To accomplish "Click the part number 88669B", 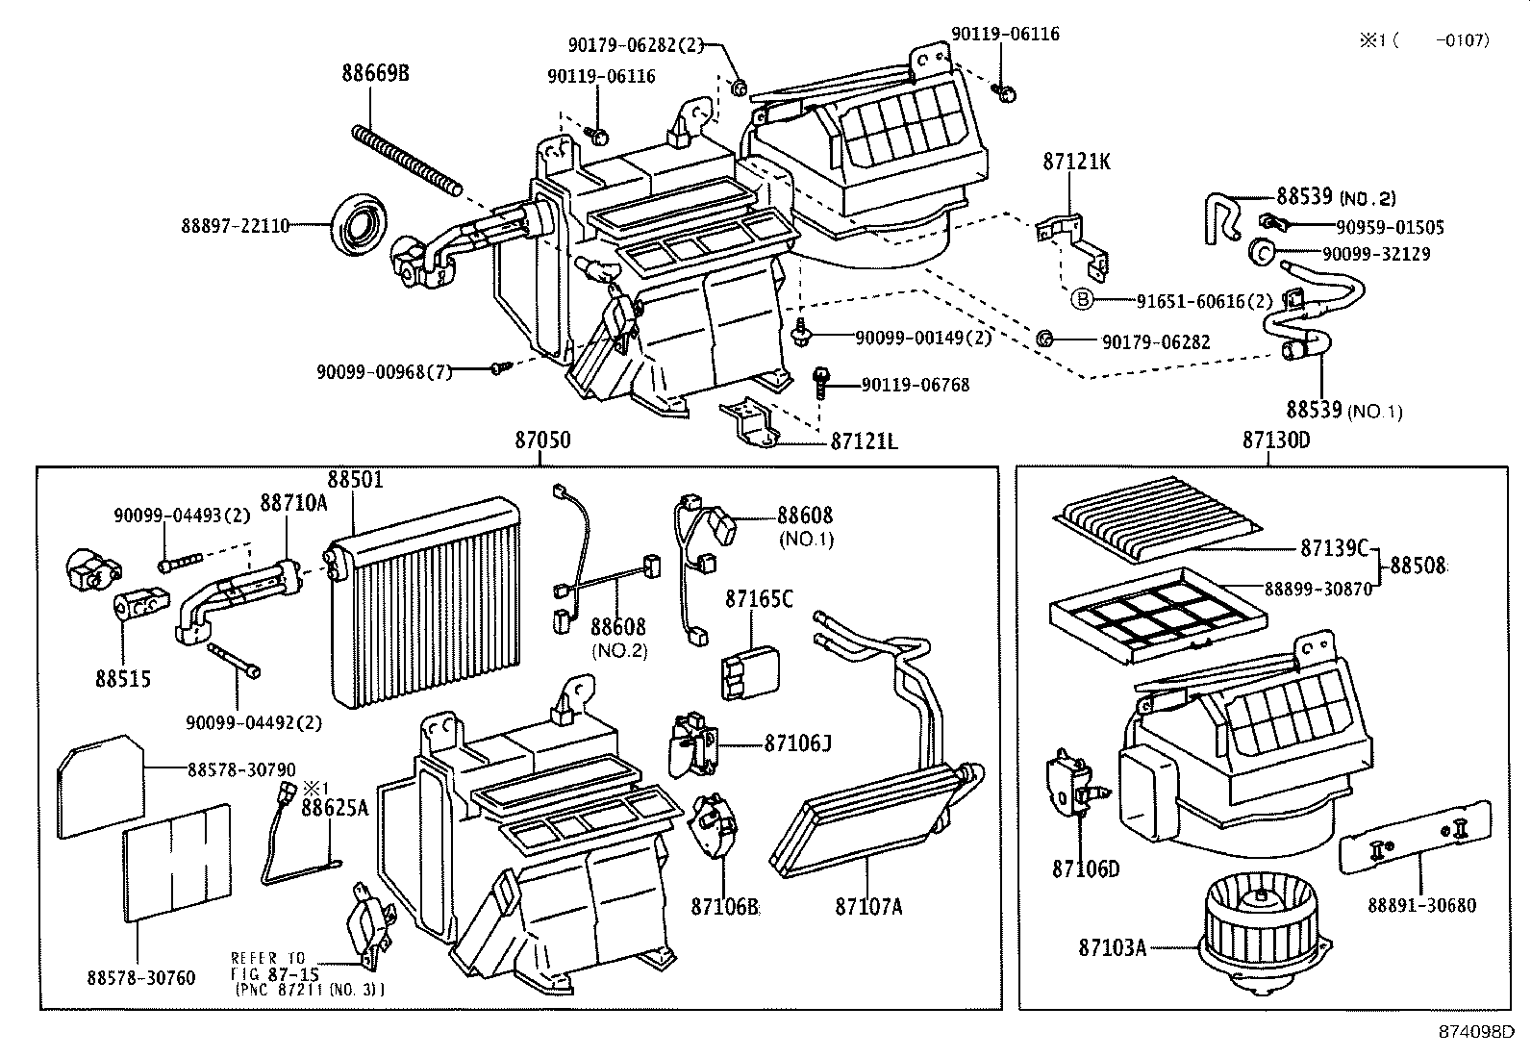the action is click(375, 73).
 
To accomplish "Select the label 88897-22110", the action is click(235, 226).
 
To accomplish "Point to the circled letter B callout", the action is click(1082, 299).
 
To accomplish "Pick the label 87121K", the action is click(1076, 162).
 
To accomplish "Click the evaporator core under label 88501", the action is click(424, 602).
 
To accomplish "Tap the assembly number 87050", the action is click(542, 440).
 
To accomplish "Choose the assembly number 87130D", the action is click(1276, 440).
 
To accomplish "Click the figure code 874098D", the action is click(1477, 1032).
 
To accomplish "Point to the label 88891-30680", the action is click(1421, 905).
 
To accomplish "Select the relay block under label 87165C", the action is click(750, 672).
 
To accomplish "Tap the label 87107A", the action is click(868, 907).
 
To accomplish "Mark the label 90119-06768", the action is click(916, 385).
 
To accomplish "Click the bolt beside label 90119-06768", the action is click(820, 386).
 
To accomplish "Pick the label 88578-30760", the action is click(140, 978).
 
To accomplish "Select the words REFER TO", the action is click(268, 958).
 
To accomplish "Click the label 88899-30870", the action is click(1318, 589).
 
